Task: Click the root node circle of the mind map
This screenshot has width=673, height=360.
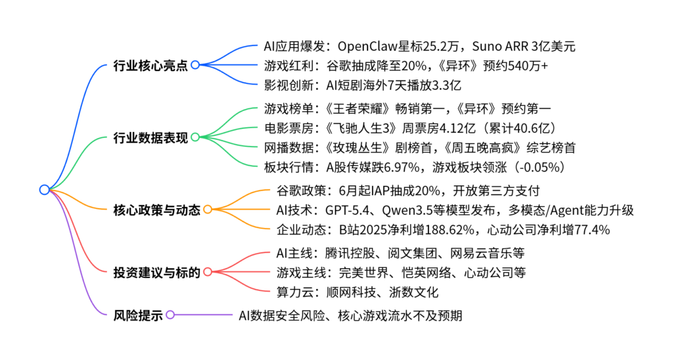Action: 44,190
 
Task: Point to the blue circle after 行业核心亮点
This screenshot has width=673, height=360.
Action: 195,65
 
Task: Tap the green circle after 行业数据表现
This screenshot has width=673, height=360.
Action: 195,137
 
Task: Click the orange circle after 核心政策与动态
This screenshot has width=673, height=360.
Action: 207,210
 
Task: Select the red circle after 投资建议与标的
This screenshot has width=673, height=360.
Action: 207,272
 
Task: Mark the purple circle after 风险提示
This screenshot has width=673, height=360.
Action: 170,314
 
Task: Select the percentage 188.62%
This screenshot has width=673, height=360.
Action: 445,229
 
